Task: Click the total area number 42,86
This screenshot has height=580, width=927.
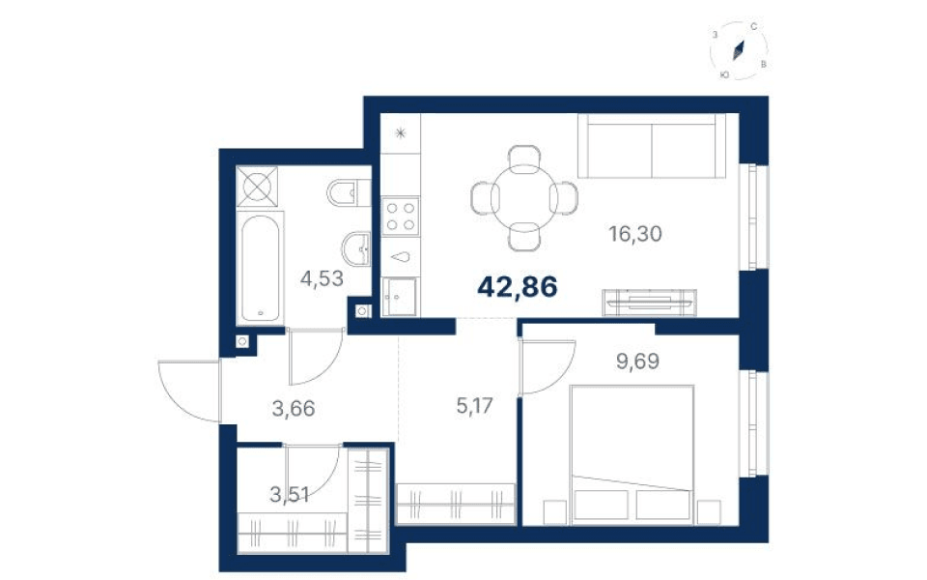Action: pos(518,288)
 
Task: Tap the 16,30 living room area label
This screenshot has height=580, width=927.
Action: pos(635,234)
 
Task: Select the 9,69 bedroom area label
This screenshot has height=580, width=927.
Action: pos(637,361)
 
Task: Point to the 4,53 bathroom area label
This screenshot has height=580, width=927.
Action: pos(322,278)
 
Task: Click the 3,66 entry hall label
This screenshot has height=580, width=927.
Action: pos(294,408)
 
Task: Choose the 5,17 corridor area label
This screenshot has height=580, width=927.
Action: pos(475,406)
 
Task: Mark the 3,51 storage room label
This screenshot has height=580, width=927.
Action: pos(290,494)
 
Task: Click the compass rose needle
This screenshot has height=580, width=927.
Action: pos(738,50)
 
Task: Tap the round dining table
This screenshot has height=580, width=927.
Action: pos(523,197)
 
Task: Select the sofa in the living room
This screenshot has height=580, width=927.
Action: pos(652,146)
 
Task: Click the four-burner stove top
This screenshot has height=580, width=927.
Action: pos(400,216)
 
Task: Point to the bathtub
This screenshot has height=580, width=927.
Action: pos(260,268)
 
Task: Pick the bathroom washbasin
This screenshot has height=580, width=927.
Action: pos(356,249)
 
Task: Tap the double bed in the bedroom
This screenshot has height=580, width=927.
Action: pos(631,454)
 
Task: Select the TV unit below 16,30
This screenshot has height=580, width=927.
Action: pos(649,302)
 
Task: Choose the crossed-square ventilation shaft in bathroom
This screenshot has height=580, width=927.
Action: pos(257,187)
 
